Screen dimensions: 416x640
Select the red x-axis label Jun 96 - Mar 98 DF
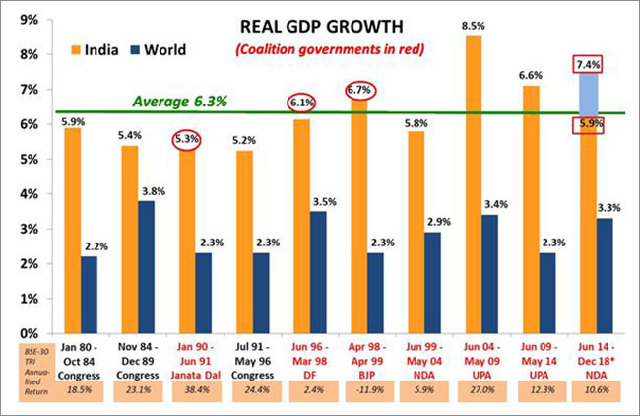(307, 361)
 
